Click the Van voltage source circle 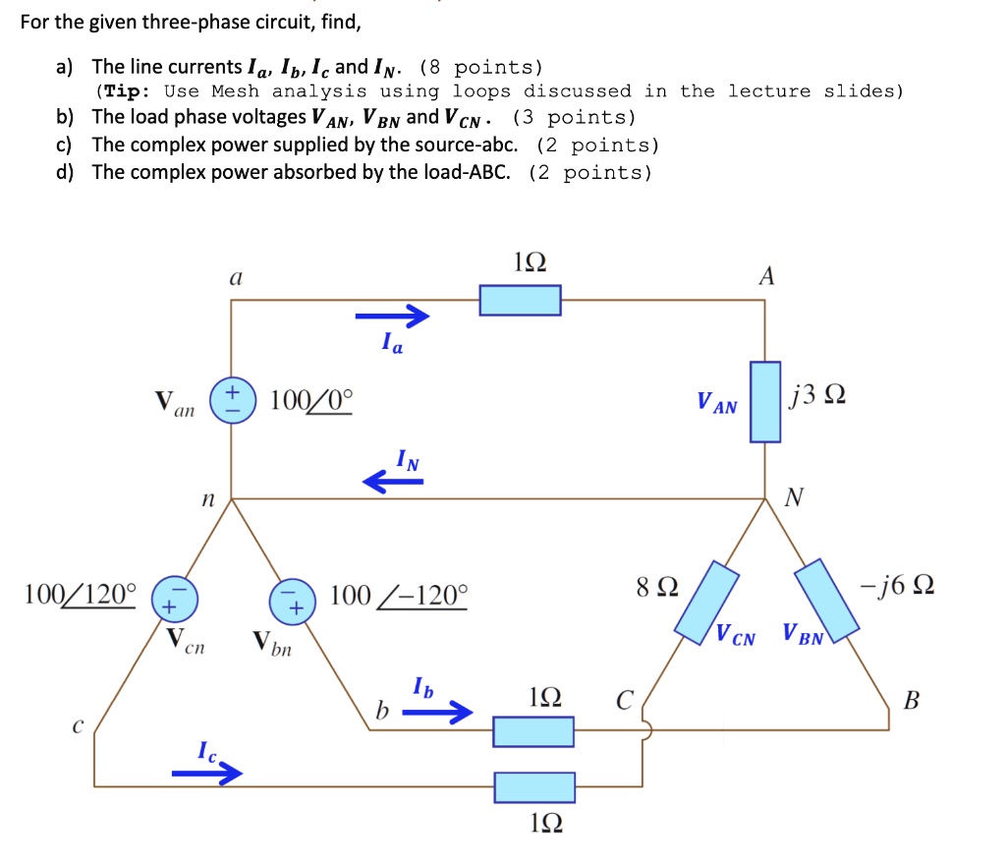point(231,403)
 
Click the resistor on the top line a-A point(520,300)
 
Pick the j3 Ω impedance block point(766,401)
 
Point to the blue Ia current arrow point(393,316)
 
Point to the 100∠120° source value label point(81,594)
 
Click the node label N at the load point(793,498)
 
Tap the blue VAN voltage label point(716,403)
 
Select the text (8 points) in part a point(480,68)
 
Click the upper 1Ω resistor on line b point(532,731)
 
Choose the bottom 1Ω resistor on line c point(533,786)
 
